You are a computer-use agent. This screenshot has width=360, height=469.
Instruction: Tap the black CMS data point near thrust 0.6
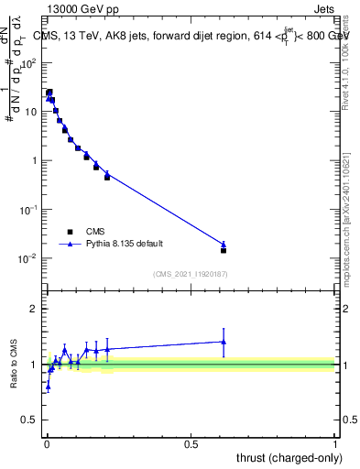pyautogui.click(x=224, y=250)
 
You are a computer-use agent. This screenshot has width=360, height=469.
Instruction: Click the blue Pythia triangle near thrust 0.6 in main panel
pyautogui.click(x=224, y=244)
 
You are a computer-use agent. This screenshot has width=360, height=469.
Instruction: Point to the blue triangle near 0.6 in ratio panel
pyautogui.click(x=224, y=342)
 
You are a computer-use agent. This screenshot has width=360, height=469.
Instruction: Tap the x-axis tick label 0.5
pyautogui.click(x=191, y=443)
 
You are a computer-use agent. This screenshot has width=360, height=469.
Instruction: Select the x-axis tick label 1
pyautogui.click(x=335, y=443)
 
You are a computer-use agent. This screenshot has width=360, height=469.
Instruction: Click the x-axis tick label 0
pyautogui.click(x=46, y=443)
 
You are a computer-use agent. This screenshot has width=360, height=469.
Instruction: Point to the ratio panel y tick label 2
pyautogui.click(x=34, y=309)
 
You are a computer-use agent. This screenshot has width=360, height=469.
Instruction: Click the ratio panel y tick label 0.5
pyautogui.click(x=29, y=421)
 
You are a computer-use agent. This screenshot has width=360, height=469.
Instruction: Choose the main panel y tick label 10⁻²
pyautogui.click(x=28, y=258)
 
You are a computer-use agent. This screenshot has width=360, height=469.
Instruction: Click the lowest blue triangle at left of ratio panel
pyautogui.click(x=48, y=386)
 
